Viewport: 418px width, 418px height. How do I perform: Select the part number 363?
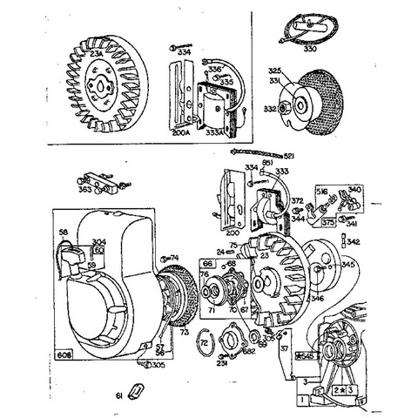pyautogui.click(x=84, y=188)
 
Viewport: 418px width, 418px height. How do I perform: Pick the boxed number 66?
pyautogui.click(x=207, y=262)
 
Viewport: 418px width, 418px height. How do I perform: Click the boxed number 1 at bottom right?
pyautogui.click(x=300, y=398)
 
